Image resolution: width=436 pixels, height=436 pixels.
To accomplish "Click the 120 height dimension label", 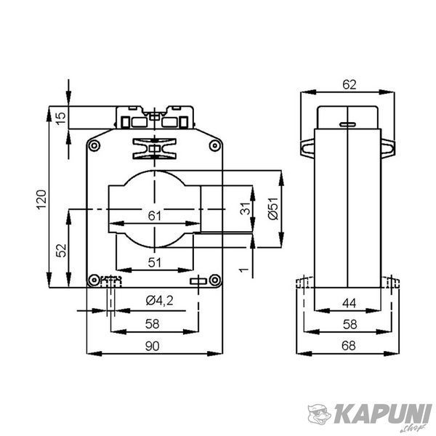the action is [41, 199].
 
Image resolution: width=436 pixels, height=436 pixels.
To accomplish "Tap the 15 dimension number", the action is [61, 118].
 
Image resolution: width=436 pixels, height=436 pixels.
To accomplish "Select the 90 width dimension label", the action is [153, 346].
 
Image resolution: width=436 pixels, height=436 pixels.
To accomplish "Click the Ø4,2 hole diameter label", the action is [159, 300].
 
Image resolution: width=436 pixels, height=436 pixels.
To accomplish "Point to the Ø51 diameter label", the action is [274, 209].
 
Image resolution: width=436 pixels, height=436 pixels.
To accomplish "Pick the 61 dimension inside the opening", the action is [155, 216].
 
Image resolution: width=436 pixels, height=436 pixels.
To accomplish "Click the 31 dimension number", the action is [245, 209].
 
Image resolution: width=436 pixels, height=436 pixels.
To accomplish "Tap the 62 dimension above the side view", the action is [350, 84].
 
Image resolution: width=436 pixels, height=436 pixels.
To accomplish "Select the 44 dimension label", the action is [350, 303].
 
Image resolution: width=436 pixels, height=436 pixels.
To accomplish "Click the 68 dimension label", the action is [349, 346].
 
